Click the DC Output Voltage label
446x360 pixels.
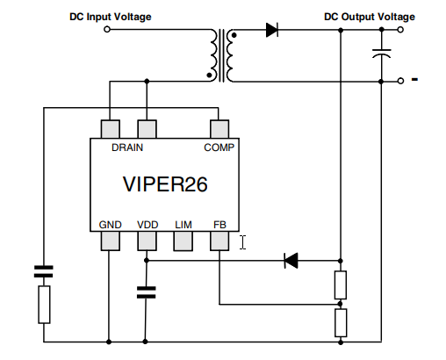point(370,17)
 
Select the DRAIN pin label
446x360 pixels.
point(128,148)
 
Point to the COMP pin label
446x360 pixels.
point(219,148)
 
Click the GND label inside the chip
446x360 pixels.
point(111,224)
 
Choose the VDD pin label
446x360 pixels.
point(147,224)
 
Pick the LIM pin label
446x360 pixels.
point(183,224)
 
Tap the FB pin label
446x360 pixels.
point(219,224)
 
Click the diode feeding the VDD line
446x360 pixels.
point(290,260)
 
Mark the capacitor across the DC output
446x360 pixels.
point(381,54)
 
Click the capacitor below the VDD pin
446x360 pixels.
point(147,292)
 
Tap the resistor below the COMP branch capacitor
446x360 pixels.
point(42,305)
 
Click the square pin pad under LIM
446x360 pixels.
point(183,241)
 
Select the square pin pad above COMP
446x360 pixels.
point(219,129)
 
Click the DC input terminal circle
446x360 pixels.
point(107,30)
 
